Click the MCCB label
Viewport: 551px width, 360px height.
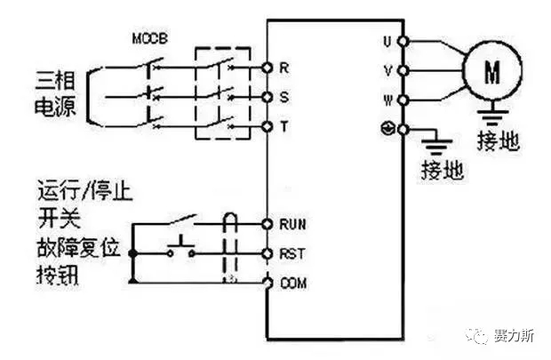[149, 38]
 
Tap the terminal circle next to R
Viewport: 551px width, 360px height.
[268, 68]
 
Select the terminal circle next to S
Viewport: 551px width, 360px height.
[268, 97]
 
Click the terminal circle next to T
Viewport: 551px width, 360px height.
[268, 126]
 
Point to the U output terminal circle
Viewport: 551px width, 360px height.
[403, 42]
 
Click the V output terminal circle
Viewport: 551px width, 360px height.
[403, 71]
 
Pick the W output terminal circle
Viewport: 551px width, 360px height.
[403, 100]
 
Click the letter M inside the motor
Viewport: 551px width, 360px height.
[492, 72]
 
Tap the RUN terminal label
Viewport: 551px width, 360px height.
[292, 224]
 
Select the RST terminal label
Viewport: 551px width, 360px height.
[292, 253]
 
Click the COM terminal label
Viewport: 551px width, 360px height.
[293, 283]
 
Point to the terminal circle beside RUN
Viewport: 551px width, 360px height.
[268, 224]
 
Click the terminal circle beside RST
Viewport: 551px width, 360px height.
[268, 253]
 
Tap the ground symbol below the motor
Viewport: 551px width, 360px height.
[492, 113]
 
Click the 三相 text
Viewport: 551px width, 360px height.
[55, 80]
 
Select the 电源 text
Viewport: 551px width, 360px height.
[55, 106]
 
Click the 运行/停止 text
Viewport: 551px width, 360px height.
[85, 191]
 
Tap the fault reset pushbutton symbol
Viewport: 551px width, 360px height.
[181, 248]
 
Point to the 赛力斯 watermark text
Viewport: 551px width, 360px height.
[514, 335]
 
